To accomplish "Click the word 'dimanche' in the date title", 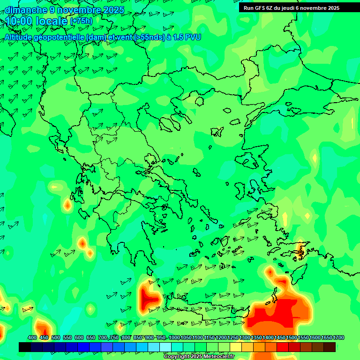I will [26, 10].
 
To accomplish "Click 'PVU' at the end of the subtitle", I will [193, 37].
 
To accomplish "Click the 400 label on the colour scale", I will [32, 338].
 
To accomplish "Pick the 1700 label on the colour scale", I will [338, 338].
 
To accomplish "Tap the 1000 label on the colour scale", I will [174, 338].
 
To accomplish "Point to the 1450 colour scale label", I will [280, 338].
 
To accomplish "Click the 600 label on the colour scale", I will [79, 338].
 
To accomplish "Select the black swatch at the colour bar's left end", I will [25, 347].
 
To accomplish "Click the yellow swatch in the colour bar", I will [236, 347].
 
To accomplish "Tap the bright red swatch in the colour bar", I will [283, 347].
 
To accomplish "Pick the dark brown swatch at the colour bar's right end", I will [330, 347].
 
